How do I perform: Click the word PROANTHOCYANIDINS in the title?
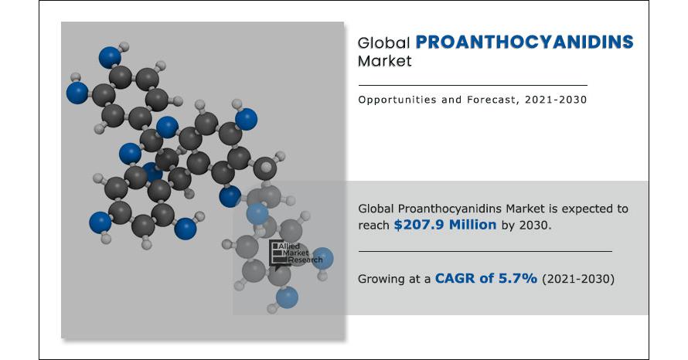tap(524, 42)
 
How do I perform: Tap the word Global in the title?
tap(383, 43)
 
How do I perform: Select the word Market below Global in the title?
tap(385, 61)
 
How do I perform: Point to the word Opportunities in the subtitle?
tap(397, 100)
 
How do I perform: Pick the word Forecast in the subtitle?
tap(492, 100)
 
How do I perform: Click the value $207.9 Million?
tap(445, 225)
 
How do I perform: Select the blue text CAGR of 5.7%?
tap(485, 278)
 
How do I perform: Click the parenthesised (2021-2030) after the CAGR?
tap(578, 279)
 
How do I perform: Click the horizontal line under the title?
tap(472, 85)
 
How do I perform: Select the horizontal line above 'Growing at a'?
tap(485, 252)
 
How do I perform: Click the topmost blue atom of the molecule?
tap(110, 57)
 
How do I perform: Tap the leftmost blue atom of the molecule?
tap(77, 93)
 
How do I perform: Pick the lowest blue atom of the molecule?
tap(287, 297)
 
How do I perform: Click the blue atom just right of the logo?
tap(323, 258)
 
